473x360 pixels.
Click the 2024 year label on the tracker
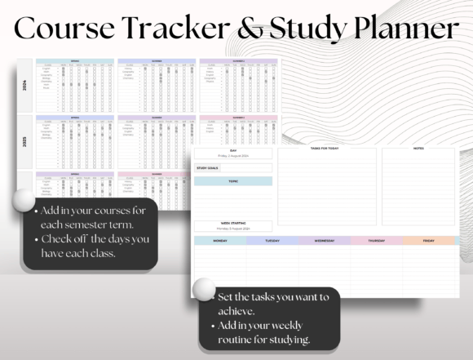pos(24,84)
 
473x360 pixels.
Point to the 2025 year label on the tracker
pos(24,141)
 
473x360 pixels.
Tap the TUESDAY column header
pos(272,241)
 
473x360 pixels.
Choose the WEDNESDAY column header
pos(324,241)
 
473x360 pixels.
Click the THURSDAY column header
pos(376,241)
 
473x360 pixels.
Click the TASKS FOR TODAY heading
pos(326,149)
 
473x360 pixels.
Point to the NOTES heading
pos(418,149)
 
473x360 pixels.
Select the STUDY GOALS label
pos(208,167)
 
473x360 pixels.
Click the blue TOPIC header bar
pos(233,181)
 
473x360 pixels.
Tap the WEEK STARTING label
pos(232,223)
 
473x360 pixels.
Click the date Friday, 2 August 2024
pos(232,155)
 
